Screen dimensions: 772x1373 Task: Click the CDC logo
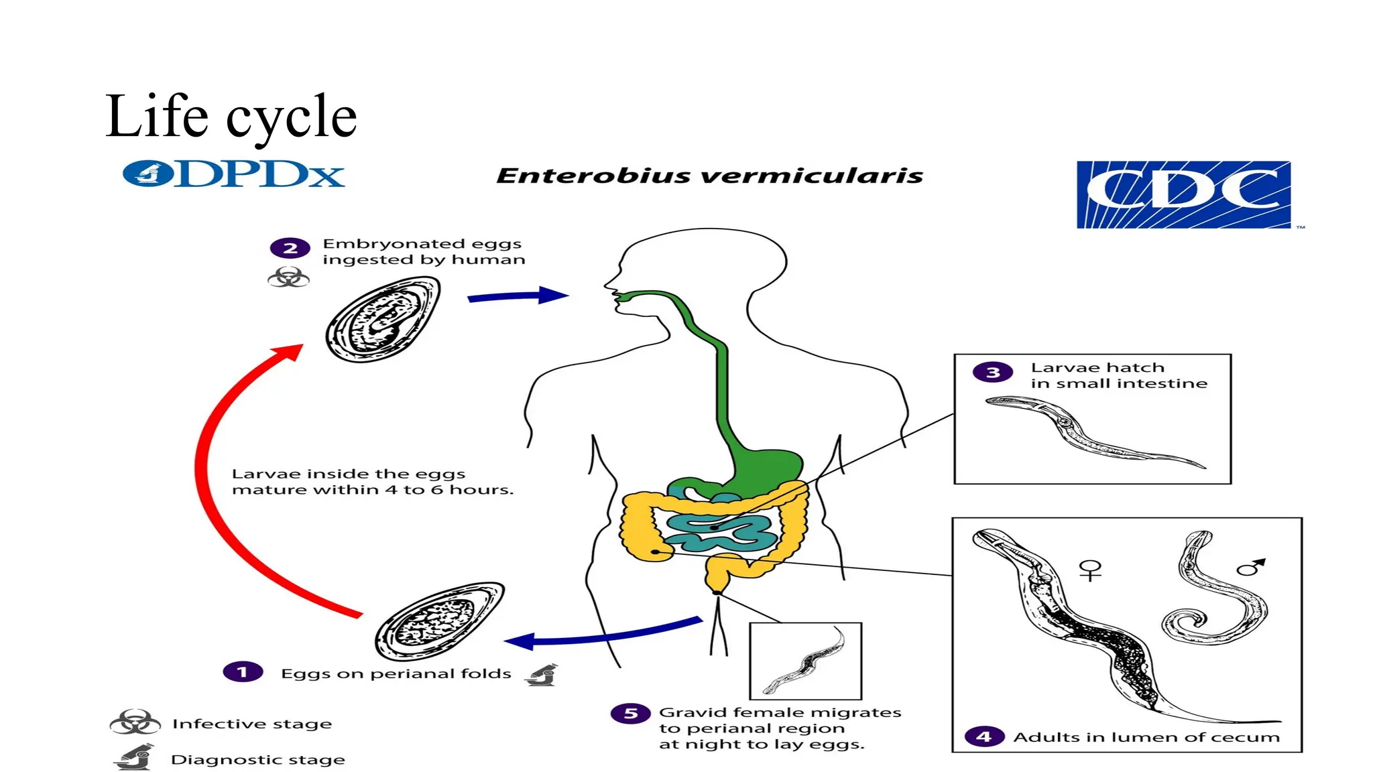[1183, 194]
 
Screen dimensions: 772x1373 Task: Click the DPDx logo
[233, 174]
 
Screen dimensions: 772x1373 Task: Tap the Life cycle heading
[231, 117]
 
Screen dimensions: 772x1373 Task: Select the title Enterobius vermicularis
[709, 176]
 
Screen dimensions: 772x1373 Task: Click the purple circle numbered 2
[290, 248]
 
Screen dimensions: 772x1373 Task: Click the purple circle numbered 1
[243, 671]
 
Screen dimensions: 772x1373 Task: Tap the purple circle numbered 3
[993, 372]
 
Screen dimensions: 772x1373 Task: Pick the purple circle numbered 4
[983, 736]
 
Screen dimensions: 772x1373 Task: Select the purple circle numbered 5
[630, 713]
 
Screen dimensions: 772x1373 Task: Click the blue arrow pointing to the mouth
[516, 296]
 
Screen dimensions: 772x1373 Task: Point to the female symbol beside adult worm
[1090, 570]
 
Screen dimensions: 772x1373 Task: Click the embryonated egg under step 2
[383, 320]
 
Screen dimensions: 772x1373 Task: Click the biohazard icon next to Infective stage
[135, 722]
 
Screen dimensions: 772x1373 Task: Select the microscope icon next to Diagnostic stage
[135, 757]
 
